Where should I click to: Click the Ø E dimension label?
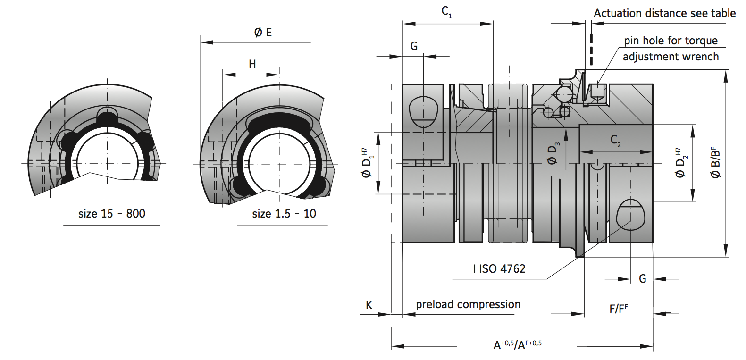[263, 33]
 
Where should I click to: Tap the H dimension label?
[252, 64]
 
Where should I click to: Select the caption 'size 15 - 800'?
[111, 214]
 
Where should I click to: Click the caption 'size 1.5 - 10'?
[284, 214]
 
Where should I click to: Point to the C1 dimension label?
[446, 12]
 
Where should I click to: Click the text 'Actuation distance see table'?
[664, 13]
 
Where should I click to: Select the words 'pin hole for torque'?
[671, 41]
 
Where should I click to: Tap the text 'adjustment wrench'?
[671, 57]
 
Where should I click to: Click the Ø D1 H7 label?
[367, 163]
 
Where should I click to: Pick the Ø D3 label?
[553, 154]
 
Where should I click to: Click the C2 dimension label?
[615, 141]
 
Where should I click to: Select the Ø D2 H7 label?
[681, 163]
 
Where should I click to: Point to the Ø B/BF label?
[715, 163]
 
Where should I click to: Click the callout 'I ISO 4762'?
[499, 269]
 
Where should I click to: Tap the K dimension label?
[369, 305]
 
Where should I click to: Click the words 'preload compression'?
[468, 304]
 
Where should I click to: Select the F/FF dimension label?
[618, 309]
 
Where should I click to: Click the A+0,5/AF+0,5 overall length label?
[517, 345]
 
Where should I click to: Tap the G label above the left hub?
[414, 46]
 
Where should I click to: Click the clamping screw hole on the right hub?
[630, 215]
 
